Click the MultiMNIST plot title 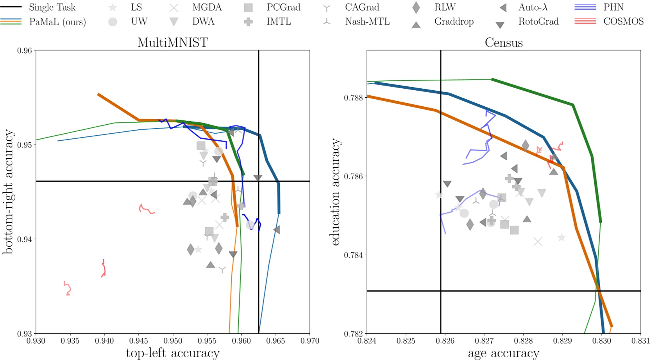[173, 42]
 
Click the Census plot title [503, 42]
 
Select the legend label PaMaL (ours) [57, 22]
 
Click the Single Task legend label [52, 7]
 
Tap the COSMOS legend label [623, 21]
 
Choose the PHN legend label [613, 7]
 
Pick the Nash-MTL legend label [367, 21]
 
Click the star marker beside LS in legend [113, 8]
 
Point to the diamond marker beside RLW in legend [416, 7]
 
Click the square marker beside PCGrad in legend [248, 8]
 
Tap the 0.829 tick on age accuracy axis [563, 341]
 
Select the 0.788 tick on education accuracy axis [353, 98]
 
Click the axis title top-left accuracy [173, 353]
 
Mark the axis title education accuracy [335, 192]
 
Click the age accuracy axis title [503, 353]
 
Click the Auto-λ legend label [533, 7]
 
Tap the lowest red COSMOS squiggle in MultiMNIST [68, 288]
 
